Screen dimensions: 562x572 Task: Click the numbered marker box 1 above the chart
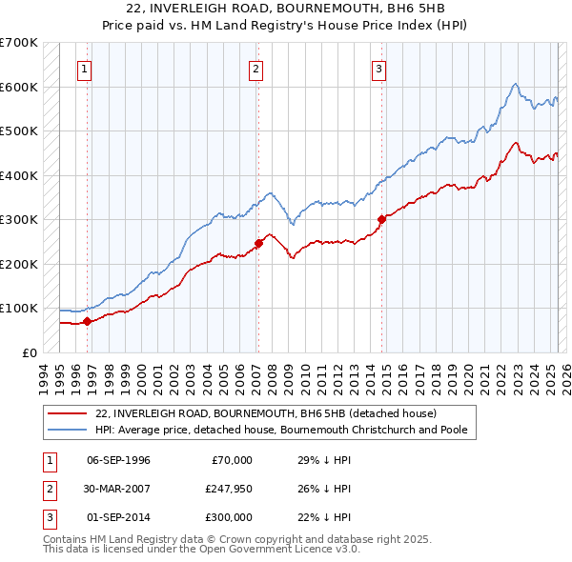pos(85,68)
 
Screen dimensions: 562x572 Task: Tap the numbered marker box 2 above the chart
pos(256,68)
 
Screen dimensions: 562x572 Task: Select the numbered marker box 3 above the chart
pos(378,68)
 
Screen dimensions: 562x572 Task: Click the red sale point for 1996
pos(87,321)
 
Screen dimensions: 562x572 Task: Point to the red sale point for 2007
pos(258,243)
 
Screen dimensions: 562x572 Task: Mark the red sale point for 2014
pos(380,219)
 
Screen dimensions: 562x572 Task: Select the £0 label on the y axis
pos(28,352)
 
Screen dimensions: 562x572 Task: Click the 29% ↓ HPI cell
pos(322,460)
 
